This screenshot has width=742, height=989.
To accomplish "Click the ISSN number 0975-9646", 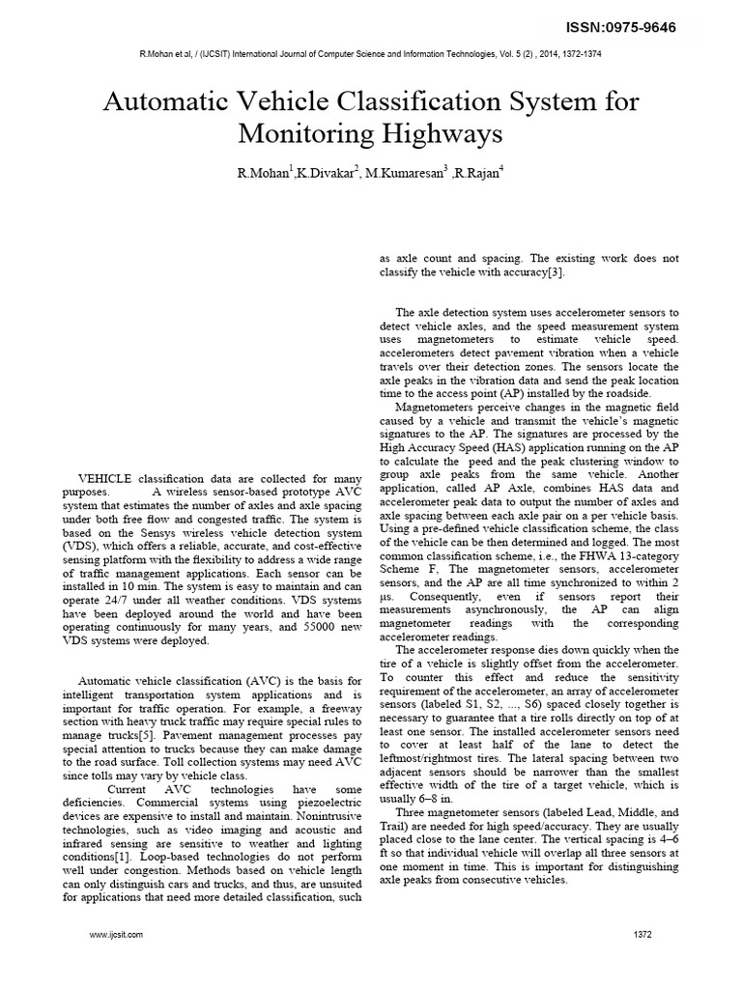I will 644,27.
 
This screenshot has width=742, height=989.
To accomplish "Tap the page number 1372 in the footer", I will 643,935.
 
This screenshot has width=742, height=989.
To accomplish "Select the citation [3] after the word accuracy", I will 554,272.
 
